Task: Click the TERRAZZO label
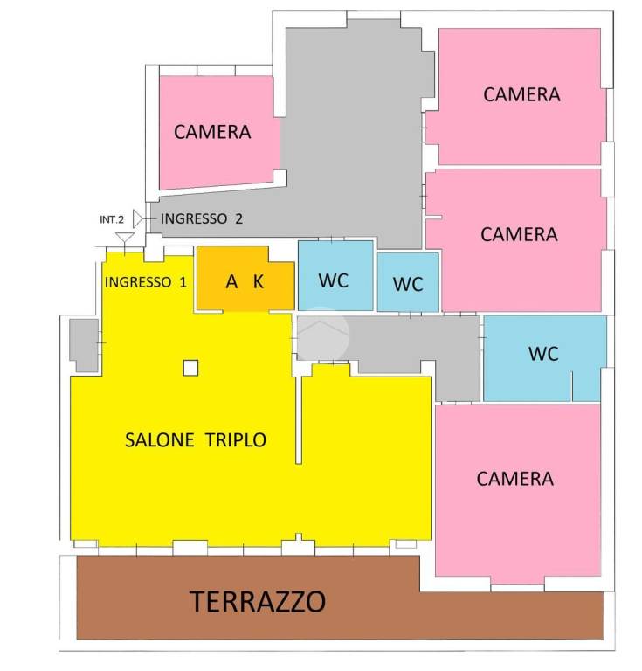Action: point(259,601)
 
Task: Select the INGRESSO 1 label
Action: point(146,282)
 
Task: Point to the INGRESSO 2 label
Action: point(202,218)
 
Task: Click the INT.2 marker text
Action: point(113,219)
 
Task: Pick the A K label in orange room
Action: point(245,281)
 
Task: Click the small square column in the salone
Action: point(190,368)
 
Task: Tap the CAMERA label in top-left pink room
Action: point(212,132)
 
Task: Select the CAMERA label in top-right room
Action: point(521,94)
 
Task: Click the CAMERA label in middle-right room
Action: point(519,234)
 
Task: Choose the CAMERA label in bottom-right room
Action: point(515,479)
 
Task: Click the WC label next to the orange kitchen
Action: point(334,280)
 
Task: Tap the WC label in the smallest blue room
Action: point(408,284)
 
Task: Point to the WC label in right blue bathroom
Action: point(543,354)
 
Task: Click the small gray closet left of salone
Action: point(84,345)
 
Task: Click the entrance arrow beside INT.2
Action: point(139,217)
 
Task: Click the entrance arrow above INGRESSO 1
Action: point(126,238)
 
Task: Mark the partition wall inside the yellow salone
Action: point(299,419)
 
